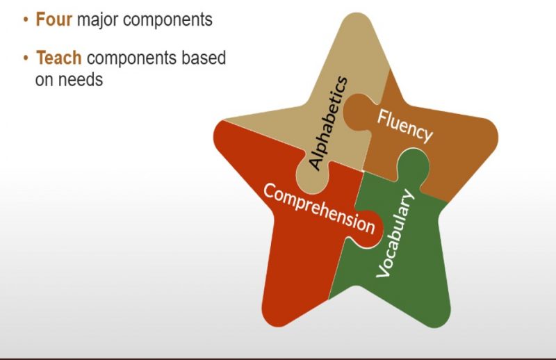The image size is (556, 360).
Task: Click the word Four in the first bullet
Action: click(54, 19)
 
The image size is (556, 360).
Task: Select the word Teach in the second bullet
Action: click(59, 58)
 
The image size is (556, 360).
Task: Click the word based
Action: click(204, 58)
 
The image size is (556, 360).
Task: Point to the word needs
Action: click(81, 79)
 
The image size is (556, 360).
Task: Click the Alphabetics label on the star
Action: click(328, 123)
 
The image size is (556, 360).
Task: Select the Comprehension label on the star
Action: click(319, 208)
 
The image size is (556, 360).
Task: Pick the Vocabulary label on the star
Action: click(395, 233)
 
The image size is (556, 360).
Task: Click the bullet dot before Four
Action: click(26, 19)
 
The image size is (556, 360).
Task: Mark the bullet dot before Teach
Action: click(26, 58)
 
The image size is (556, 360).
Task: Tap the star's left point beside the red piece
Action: click(215, 133)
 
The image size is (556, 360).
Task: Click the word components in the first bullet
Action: click(167, 20)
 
